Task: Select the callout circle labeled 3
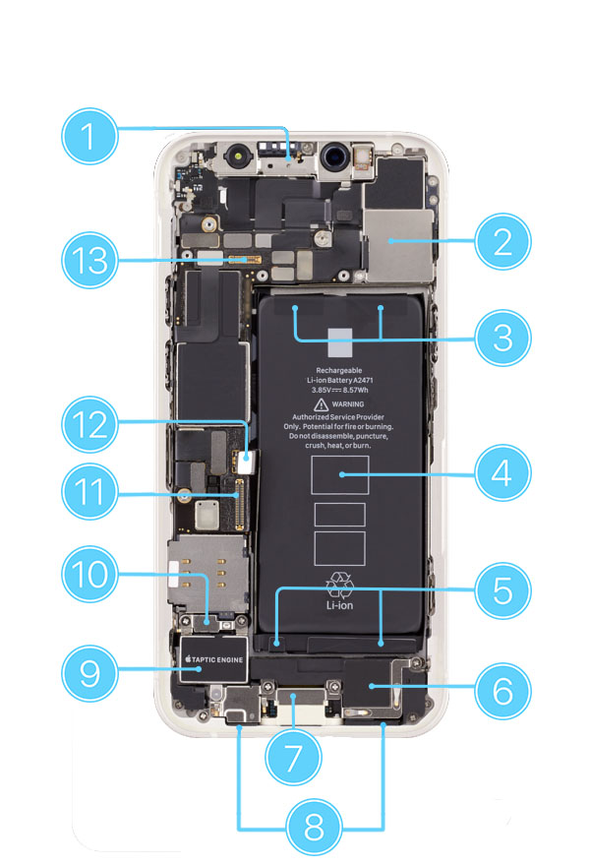pyautogui.click(x=502, y=338)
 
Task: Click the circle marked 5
pyautogui.click(x=502, y=589)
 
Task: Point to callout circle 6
pyautogui.click(x=502, y=689)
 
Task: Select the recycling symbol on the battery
pyautogui.click(x=339, y=584)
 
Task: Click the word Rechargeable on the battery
pyautogui.click(x=339, y=370)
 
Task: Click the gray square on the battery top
pyautogui.click(x=339, y=341)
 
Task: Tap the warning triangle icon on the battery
pyautogui.click(x=320, y=404)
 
